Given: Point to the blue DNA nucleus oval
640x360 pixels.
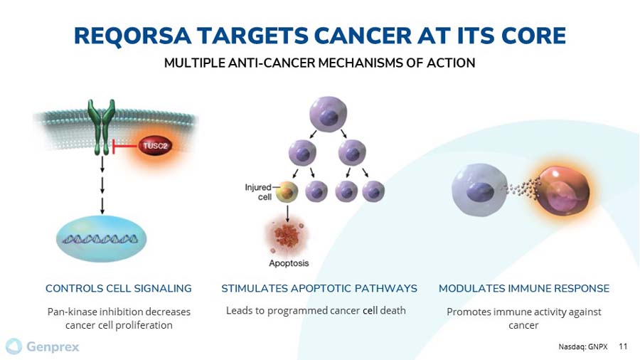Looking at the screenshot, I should point(102,238).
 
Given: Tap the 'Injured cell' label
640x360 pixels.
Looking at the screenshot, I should point(258,192).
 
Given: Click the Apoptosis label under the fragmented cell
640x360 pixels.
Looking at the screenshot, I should point(289,263).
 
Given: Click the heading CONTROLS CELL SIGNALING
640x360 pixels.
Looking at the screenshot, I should point(119,288).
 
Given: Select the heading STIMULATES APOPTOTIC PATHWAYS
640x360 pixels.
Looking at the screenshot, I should point(319,288).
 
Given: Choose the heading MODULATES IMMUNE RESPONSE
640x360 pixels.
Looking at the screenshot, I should point(524,288).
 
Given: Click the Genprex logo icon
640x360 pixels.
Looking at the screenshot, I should point(14,346).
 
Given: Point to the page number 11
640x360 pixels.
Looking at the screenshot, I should point(624,347).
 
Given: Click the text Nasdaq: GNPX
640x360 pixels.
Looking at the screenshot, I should point(583,347).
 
